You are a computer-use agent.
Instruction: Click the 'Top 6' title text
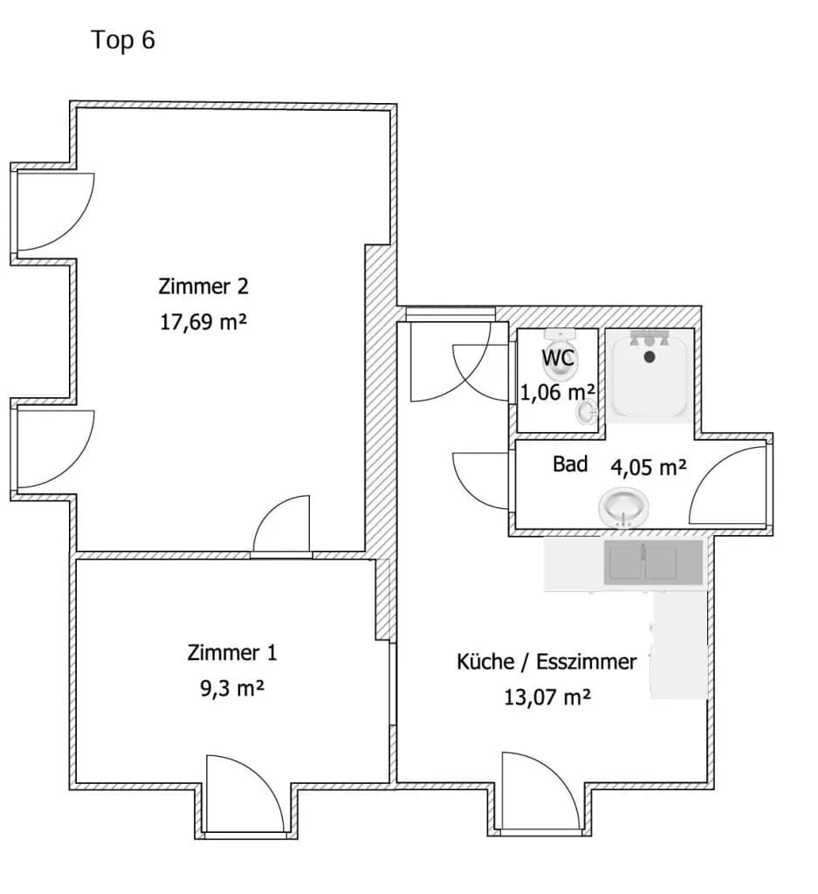(x=123, y=40)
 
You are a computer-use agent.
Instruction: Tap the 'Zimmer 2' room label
(x=203, y=286)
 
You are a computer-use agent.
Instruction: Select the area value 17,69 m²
(x=203, y=322)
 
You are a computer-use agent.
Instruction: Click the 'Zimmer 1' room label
(x=232, y=652)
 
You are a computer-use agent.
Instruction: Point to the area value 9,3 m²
(x=232, y=689)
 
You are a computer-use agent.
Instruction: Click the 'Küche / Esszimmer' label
(x=546, y=662)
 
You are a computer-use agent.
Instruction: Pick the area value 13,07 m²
(x=547, y=698)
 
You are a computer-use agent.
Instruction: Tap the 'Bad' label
(x=570, y=464)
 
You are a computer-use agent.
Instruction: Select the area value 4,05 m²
(x=649, y=468)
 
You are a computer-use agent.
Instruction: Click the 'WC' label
(x=558, y=358)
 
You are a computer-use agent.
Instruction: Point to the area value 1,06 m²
(x=558, y=392)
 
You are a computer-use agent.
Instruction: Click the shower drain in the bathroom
(x=650, y=357)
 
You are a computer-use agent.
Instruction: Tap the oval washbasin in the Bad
(x=623, y=507)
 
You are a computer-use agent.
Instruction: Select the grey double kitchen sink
(x=653, y=563)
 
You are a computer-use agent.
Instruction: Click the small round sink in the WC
(x=586, y=411)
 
